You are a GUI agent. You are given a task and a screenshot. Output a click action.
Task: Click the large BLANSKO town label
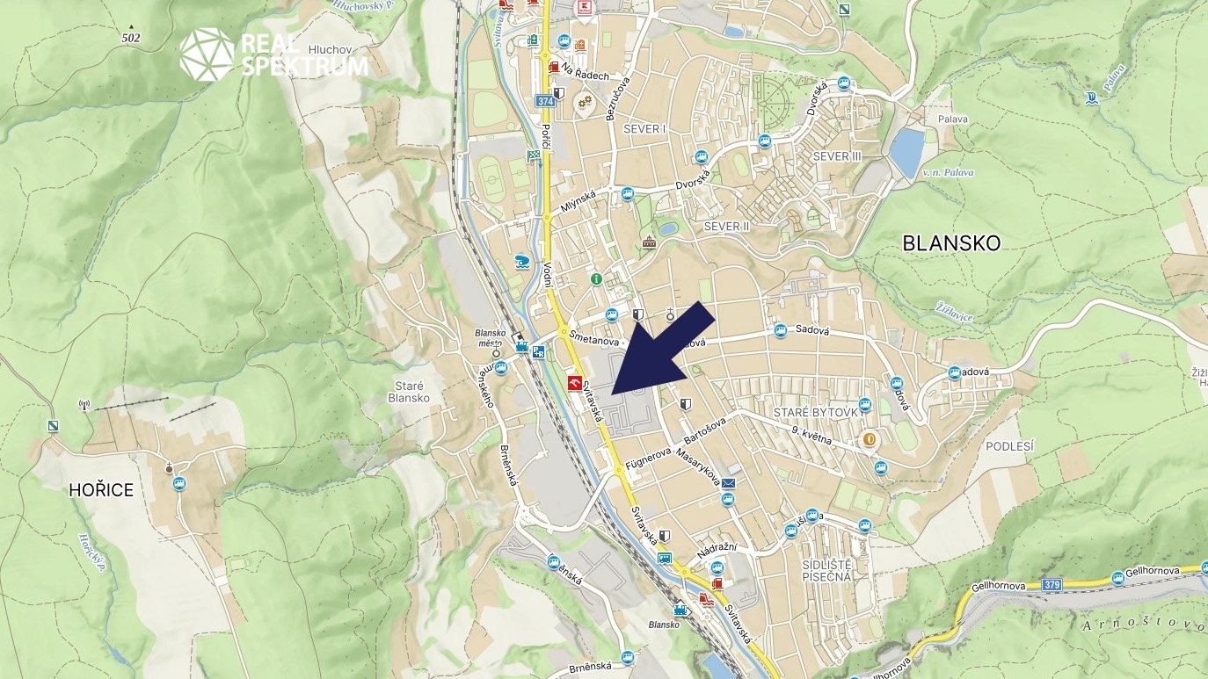click(951, 243)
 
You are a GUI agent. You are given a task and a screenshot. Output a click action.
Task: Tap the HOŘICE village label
click(101, 490)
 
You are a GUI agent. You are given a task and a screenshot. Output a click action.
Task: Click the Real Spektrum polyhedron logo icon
click(207, 54)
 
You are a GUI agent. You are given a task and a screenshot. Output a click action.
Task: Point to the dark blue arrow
click(659, 350)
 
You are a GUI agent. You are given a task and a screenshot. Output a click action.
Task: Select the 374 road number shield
click(545, 102)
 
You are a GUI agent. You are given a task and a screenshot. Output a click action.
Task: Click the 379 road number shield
click(1052, 584)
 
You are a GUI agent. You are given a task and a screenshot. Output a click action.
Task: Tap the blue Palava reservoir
click(906, 152)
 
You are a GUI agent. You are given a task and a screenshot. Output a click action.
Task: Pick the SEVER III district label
click(837, 156)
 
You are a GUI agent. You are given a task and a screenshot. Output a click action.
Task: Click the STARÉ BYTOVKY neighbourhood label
click(815, 412)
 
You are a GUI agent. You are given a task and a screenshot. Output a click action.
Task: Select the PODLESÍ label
click(1009, 446)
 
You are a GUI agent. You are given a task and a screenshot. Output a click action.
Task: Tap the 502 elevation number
click(131, 38)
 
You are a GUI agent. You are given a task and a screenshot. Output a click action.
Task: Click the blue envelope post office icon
click(729, 482)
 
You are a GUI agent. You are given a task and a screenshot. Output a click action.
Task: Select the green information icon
click(596, 279)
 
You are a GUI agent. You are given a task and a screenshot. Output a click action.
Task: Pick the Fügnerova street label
click(649, 458)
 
